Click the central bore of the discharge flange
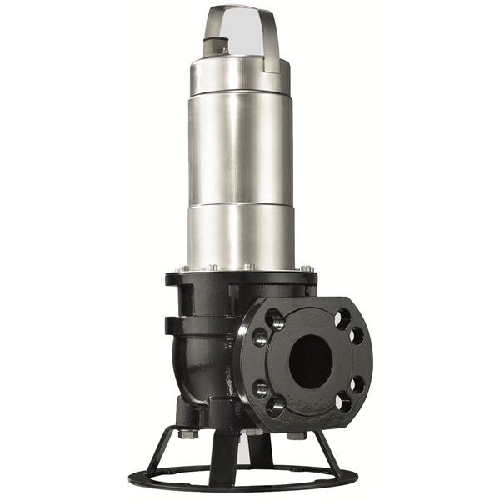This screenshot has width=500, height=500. tap(310, 359)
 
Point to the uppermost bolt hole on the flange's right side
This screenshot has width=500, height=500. tap(343, 317)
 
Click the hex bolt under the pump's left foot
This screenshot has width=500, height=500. tap(187, 434)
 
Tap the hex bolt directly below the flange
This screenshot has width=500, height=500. tap(297, 435)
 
